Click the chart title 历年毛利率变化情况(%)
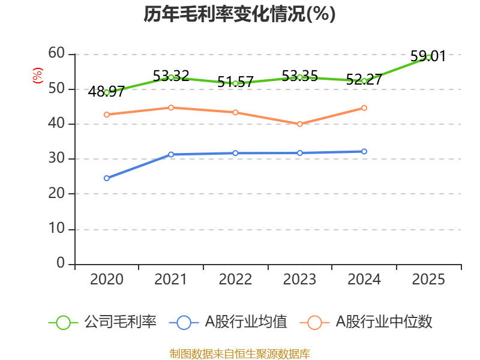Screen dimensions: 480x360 [x=239, y=14]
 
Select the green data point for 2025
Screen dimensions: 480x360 [x=428, y=57]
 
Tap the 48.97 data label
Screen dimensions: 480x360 [x=106, y=91]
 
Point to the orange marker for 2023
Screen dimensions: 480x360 [x=299, y=124]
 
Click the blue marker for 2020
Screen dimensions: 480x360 [x=107, y=178]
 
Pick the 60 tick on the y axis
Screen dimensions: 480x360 [x=56, y=53]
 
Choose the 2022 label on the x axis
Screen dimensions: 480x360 [x=235, y=279]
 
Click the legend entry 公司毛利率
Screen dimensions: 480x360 [x=103, y=322]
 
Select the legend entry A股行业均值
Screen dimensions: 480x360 [x=228, y=322]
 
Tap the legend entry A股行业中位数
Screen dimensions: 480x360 [x=366, y=322]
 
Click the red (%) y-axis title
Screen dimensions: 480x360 [x=37, y=76]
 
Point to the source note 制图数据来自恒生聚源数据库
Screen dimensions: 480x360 [x=239, y=354]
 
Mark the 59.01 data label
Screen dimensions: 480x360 [x=428, y=56]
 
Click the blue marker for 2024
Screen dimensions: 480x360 [x=364, y=152]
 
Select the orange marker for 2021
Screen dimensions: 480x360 [x=171, y=108]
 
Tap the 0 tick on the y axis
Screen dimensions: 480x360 [x=61, y=263]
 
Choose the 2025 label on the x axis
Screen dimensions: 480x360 [x=428, y=279]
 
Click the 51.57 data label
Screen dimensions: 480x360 [x=235, y=82]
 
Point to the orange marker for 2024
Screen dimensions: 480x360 [x=364, y=108]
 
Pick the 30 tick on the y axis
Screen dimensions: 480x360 [x=56, y=158]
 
